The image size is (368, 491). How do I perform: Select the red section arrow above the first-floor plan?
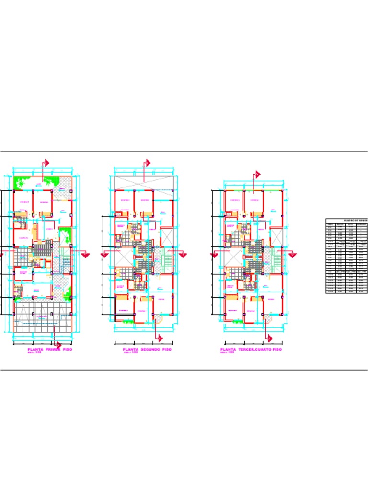point(47,163)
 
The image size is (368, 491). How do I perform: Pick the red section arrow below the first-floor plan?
point(58,345)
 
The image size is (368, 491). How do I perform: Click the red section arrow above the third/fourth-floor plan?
point(257,174)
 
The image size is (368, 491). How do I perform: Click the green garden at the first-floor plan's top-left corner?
point(21,182)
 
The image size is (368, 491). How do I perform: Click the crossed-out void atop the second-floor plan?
point(143,182)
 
